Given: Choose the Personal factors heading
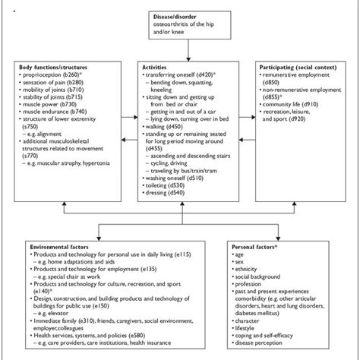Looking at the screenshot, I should (x=267, y=248).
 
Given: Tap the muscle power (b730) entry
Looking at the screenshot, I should (x=47, y=112).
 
